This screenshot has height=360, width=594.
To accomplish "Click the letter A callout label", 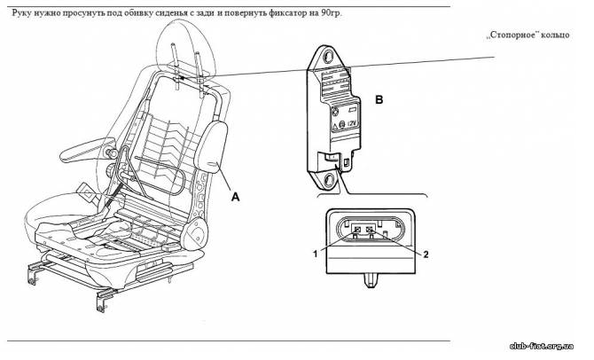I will point(235,200).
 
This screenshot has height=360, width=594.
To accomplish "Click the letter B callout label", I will point(379,101).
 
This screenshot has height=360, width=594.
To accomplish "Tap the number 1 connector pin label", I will point(315,253).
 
